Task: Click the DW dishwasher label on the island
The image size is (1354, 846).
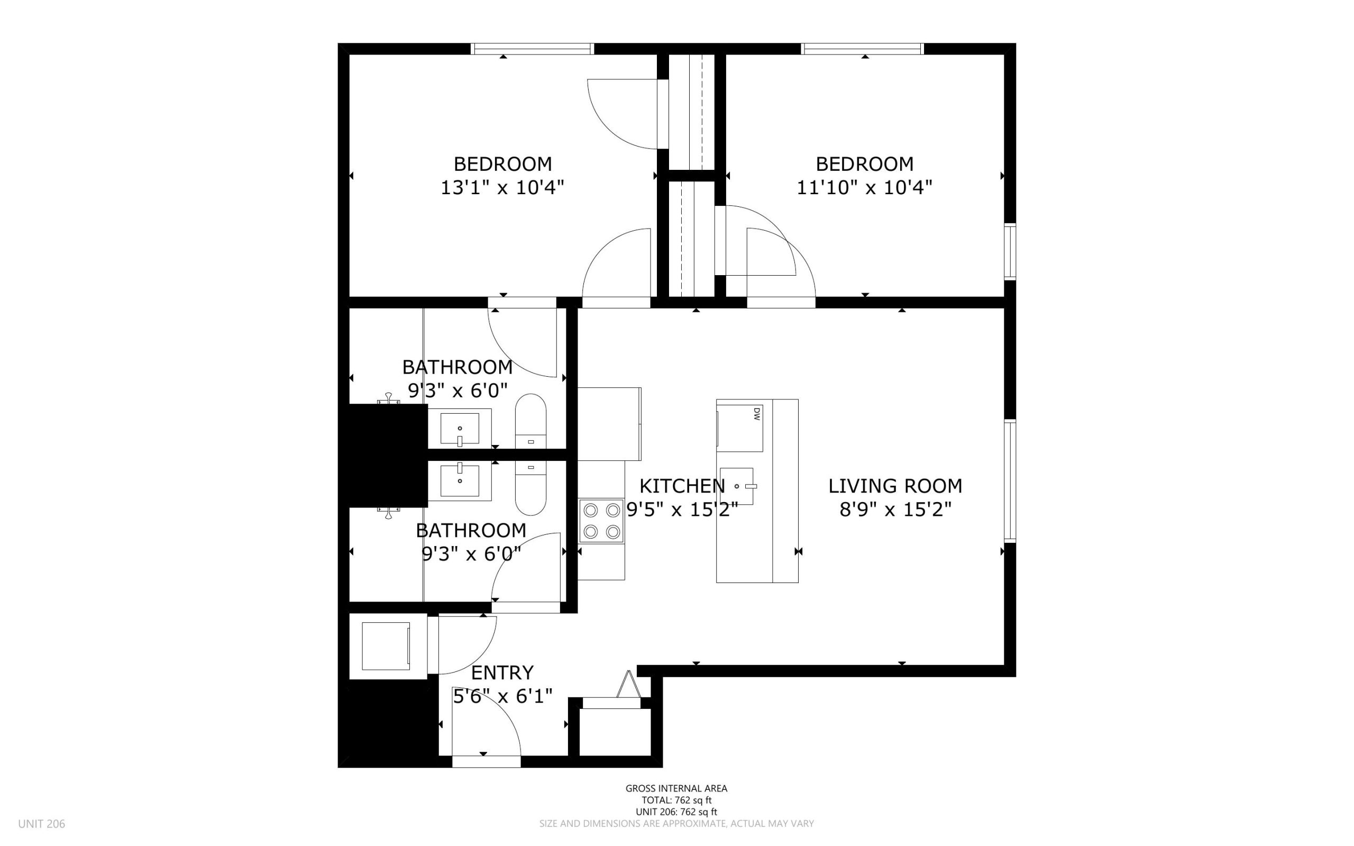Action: pos(756,414)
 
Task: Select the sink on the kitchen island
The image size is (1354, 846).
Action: pos(737,486)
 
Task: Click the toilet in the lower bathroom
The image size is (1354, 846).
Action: pos(530,487)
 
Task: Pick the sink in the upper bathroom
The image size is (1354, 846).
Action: pos(460,429)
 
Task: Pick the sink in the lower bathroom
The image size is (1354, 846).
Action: pos(460,480)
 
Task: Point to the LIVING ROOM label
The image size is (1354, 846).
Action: pos(895,486)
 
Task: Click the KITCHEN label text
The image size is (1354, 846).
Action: pos(682,486)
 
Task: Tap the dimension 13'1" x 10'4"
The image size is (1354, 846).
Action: pos(502,187)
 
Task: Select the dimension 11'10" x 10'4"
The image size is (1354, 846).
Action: pos(864,187)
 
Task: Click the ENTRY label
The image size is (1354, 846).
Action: pos(502,672)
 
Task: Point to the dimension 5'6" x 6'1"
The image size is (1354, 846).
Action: pos(502,696)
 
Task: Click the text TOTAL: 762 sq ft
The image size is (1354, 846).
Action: pos(676,800)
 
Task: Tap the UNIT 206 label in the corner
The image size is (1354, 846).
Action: pos(41,824)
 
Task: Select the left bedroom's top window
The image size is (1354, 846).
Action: pos(532,49)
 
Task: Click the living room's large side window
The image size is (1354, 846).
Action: pos(1010,480)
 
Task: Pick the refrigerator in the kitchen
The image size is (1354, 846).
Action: pos(609,424)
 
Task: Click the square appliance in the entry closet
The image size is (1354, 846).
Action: pos(386,645)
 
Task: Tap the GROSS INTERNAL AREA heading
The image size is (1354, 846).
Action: pos(676,788)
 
